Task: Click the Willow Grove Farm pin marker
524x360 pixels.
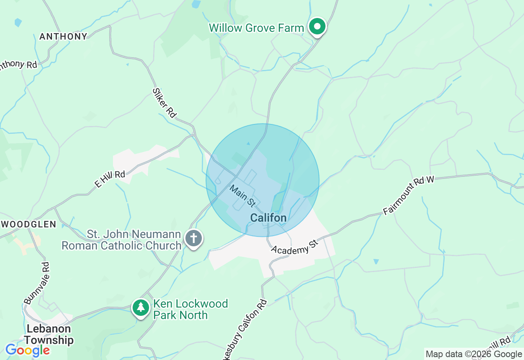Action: [317, 27]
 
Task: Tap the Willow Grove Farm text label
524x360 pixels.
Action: [256, 28]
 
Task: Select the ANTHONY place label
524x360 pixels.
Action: [63, 36]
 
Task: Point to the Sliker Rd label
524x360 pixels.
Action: [164, 103]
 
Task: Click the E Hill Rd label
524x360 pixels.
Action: [110, 179]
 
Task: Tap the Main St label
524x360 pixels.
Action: [243, 196]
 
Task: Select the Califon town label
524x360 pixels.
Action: [268, 218]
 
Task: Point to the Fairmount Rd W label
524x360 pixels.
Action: [409, 196]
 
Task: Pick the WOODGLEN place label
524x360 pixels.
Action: [29, 224]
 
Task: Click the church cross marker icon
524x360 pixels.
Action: [194, 238]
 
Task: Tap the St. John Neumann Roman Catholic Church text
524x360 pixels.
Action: [122, 240]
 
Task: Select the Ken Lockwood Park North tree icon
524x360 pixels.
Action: [141, 307]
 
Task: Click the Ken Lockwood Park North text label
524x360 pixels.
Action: [190, 309]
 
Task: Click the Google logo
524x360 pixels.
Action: [27, 350]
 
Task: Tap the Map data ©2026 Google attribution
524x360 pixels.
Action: [474, 354]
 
